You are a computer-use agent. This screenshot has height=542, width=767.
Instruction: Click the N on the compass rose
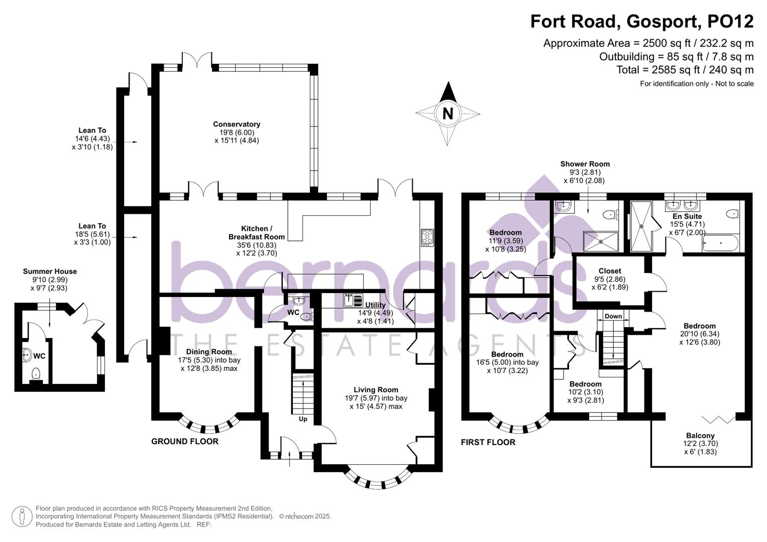[447, 113]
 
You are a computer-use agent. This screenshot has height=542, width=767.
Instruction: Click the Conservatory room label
[237, 124]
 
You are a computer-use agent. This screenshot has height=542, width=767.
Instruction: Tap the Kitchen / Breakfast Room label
[256, 232]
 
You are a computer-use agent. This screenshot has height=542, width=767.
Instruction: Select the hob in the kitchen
[427, 237]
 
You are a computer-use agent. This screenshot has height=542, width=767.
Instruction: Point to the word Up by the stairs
[303, 419]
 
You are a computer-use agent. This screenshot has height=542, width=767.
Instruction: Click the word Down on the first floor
[613, 316]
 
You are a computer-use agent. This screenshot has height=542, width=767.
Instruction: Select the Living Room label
[376, 389]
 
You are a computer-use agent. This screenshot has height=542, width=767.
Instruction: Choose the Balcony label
[700, 436]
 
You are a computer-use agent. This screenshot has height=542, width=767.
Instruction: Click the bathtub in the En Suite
[721, 244]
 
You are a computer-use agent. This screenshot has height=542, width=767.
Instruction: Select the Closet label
[610, 271]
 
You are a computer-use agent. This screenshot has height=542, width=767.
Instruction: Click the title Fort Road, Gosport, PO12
[642, 22]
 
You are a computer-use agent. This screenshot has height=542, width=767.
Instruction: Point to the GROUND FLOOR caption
[185, 442]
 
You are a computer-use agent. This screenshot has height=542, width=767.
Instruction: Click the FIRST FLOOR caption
[488, 442]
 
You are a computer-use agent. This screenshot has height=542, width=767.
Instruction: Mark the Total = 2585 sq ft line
[685, 70]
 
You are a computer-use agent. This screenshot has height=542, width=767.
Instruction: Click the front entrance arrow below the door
[290, 459]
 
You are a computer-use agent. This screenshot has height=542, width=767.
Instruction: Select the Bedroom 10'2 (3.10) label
[585, 384]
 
